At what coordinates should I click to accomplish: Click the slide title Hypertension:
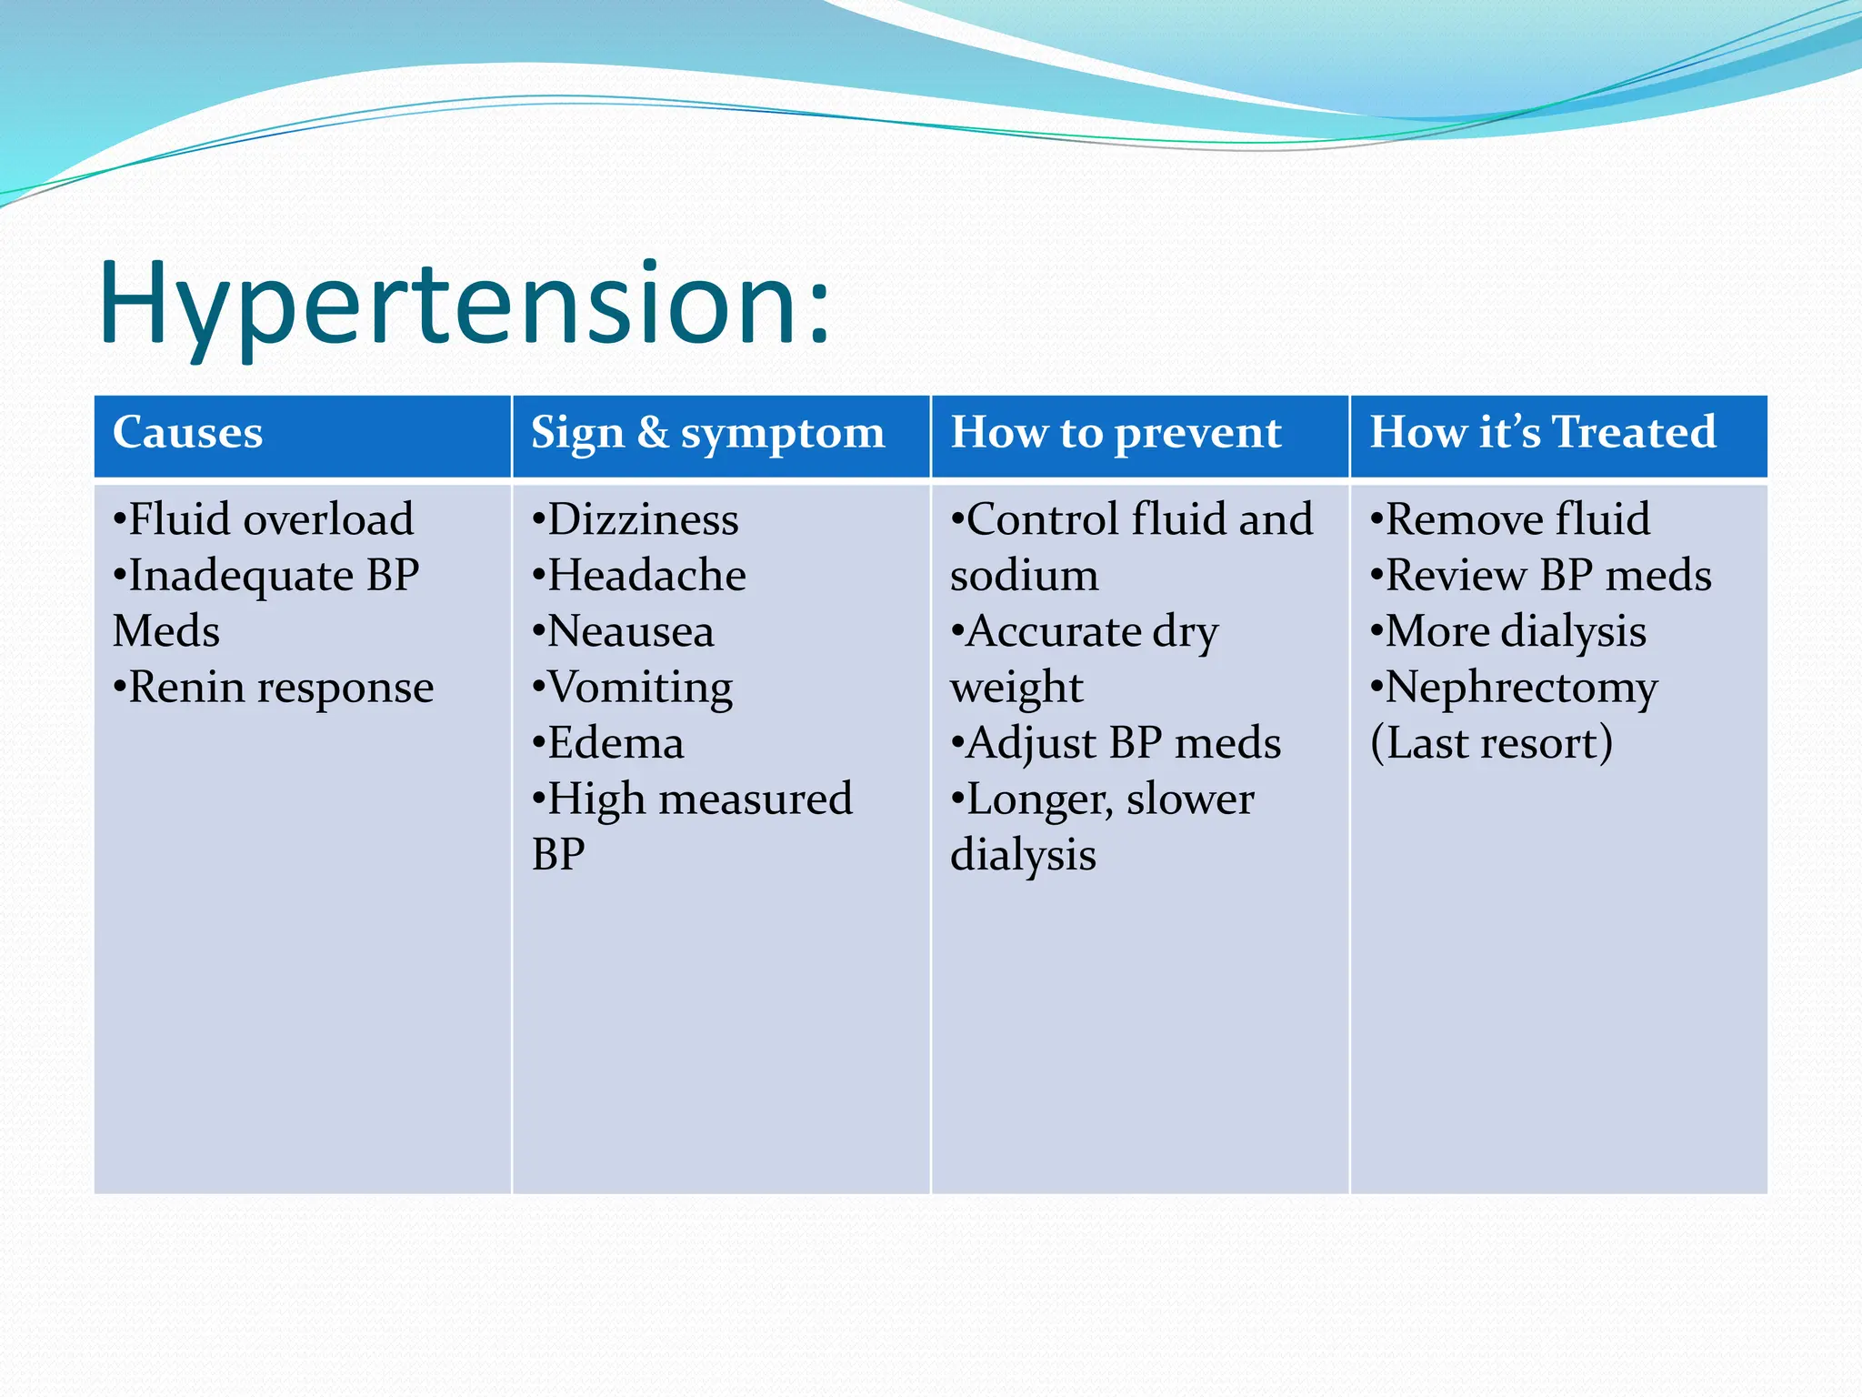click(x=464, y=305)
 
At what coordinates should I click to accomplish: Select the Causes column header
click(x=187, y=432)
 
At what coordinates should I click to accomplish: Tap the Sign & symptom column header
click(x=707, y=433)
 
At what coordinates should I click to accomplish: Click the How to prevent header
click(x=1116, y=433)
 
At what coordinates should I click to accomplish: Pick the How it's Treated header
click(x=1542, y=432)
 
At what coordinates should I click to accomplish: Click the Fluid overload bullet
click(x=264, y=519)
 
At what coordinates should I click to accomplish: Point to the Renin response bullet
click(x=274, y=687)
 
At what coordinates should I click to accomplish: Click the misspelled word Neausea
click(x=630, y=631)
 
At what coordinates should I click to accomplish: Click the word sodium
click(x=1024, y=576)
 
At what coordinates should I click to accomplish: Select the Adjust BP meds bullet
click(x=1116, y=743)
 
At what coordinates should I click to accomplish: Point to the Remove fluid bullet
click(x=1510, y=519)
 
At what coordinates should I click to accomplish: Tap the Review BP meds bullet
click(x=1541, y=576)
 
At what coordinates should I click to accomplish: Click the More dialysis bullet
click(x=1509, y=631)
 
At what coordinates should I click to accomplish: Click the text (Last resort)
click(x=1491, y=743)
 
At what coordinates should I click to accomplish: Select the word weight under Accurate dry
click(x=1016, y=688)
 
